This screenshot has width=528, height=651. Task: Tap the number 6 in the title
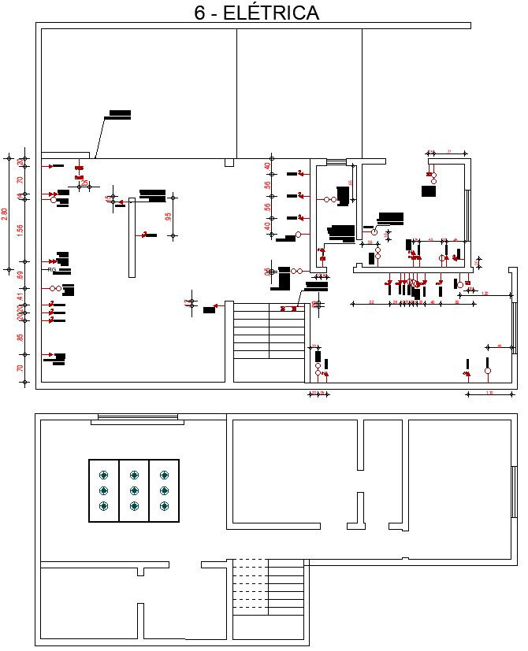[x=200, y=13]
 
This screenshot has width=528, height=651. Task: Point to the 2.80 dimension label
[x=6, y=213]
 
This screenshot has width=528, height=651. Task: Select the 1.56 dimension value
[x=20, y=230]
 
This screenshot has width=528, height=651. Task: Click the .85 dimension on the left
[x=20, y=338]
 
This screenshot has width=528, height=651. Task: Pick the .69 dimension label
[x=20, y=275]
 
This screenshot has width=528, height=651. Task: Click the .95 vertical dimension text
[x=168, y=216]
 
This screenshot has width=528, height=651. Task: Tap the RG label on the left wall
[x=52, y=270]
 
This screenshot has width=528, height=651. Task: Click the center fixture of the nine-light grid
[x=134, y=490]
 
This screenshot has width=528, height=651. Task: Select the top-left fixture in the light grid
[x=103, y=475]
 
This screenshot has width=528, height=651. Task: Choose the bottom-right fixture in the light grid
[x=164, y=506]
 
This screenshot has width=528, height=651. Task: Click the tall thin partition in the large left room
[x=132, y=237]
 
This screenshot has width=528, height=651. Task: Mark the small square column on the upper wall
[x=229, y=162]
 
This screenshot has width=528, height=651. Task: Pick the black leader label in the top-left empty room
[x=120, y=114]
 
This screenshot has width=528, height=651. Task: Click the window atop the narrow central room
[x=337, y=162]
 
